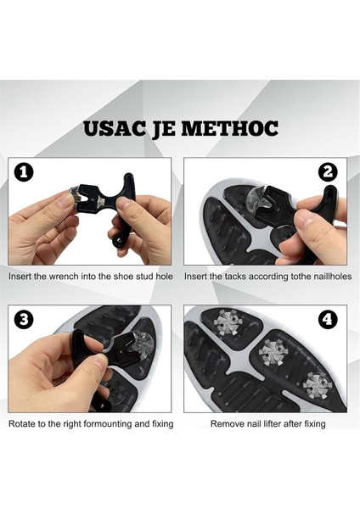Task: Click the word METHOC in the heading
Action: coord(229,129)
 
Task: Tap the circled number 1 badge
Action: coord(24,172)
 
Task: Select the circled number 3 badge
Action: coord(24,320)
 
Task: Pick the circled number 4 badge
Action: coord(328,320)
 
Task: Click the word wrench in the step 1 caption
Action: coord(64,277)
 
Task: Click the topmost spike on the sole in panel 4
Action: coord(226,322)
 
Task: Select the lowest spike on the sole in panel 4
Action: coord(317,385)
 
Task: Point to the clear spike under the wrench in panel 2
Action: coord(259,198)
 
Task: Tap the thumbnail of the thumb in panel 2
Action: coord(305,219)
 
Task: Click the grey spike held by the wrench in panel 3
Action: coord(142,343)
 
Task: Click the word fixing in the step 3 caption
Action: coord(163,424)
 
